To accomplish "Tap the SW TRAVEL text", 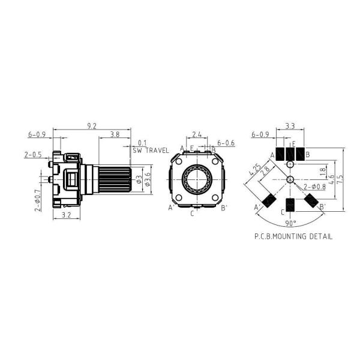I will click(151, 151).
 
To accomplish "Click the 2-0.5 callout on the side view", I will click(34, 154).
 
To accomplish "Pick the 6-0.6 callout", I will click(226, 143).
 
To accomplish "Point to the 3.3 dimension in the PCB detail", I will click(289, 126).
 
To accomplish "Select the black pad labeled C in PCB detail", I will click(290, 205).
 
